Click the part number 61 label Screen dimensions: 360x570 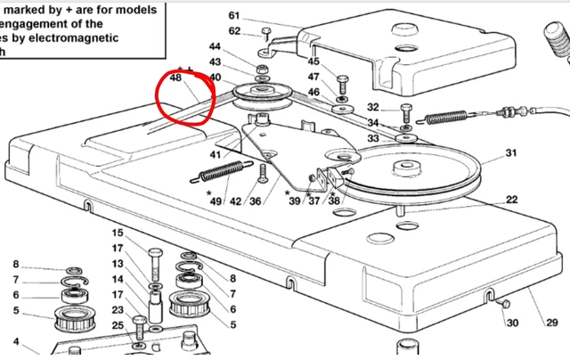coord(234,16)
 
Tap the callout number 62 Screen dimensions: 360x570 coord(234,31)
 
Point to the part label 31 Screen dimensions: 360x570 coord(510,154)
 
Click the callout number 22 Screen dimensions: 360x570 coord(510,199)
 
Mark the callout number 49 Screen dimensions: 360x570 coord(216,201)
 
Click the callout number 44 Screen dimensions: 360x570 coord(215,46)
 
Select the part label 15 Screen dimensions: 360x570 coord(117,234)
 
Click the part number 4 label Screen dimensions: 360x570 coord(15,341)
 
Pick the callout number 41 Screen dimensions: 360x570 coord(215,155)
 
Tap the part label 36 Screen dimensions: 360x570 coord(256,201)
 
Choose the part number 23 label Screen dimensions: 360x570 coord(117,310)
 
